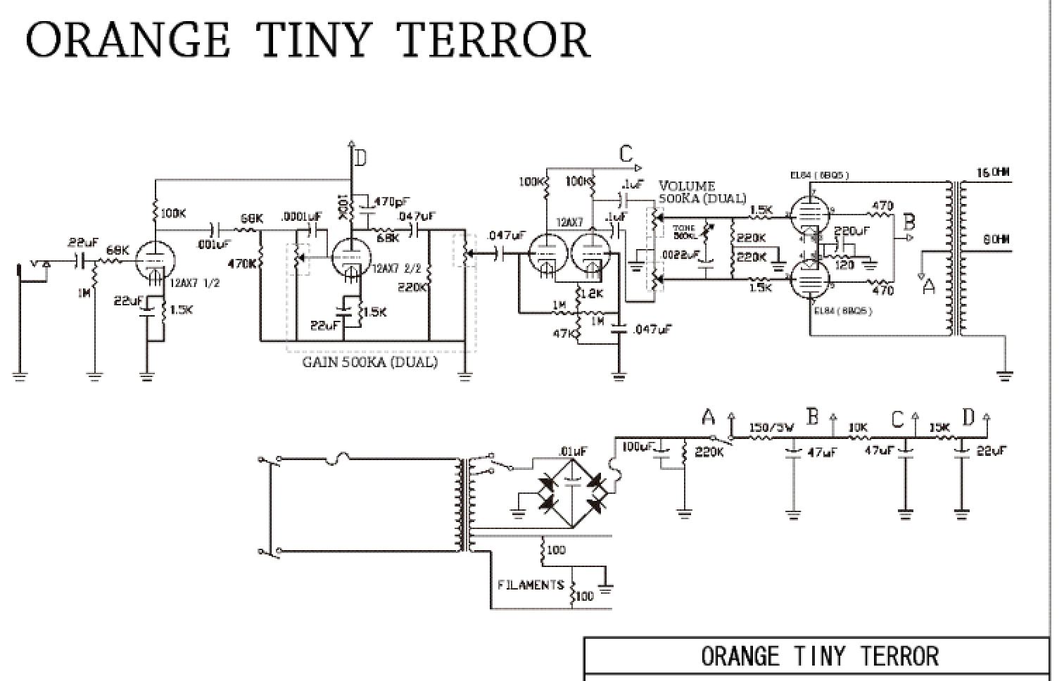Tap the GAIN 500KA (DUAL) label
coord(369,362)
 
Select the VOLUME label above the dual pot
coord(686,186)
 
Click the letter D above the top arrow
coord(360,159)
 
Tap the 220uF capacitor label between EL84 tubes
coord(851,231)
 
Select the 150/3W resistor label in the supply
coord(771,428)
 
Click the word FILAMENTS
coord(531,585)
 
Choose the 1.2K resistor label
coord(593,294)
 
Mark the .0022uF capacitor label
coord(680,255)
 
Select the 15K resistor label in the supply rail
coord(939,428)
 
